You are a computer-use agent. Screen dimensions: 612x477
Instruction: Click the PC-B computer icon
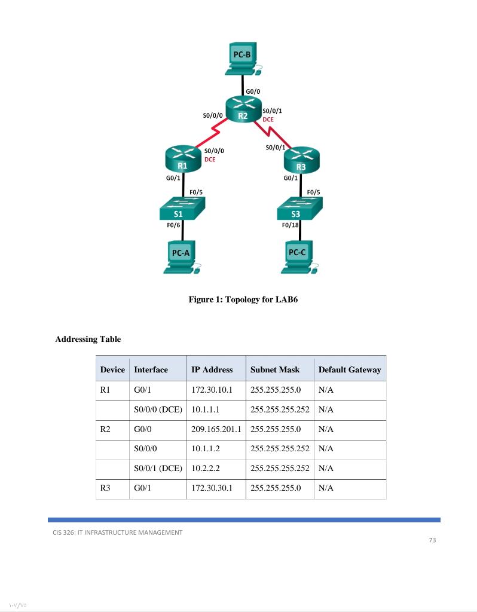point(242,58)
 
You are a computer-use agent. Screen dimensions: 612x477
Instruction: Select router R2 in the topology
point(243,111)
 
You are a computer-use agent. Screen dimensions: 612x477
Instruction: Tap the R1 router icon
point(183,159)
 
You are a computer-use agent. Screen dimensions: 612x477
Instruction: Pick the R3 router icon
point(301,160)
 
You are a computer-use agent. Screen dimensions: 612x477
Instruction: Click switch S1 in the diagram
point(181,209)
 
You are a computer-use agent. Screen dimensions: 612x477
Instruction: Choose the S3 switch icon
point(299,209)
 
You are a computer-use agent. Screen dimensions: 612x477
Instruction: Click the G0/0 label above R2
point(253,91)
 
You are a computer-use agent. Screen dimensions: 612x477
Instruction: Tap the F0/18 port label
point(290,225)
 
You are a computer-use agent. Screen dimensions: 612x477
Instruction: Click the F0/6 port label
point(173,225)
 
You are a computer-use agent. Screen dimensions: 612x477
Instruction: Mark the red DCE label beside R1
point(210,160)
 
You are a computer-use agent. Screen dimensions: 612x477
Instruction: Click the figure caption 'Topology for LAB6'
point(243,299)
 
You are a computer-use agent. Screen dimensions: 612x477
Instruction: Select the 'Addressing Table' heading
point(88,339)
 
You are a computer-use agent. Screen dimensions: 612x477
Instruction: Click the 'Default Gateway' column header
point(350,369)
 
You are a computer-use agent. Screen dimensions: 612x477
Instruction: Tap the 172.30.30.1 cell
point(211,488)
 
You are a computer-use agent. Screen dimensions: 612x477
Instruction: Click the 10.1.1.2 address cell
point(206,449)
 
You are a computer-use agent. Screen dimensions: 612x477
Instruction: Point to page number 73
point(433,540)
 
